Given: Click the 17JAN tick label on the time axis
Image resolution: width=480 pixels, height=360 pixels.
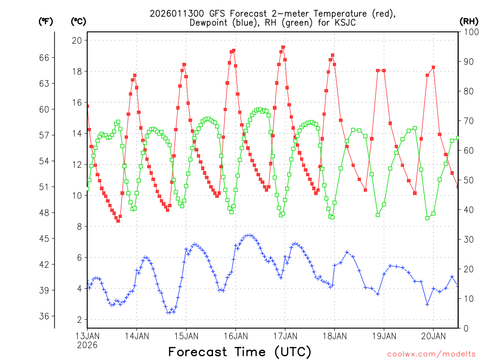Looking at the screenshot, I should coord(285,336).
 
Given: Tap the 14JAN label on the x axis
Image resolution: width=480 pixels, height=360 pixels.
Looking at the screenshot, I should coord(137,336).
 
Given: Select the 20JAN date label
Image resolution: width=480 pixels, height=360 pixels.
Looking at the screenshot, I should coord(433,336).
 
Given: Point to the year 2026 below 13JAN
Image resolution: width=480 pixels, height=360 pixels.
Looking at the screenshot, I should coord(88,345).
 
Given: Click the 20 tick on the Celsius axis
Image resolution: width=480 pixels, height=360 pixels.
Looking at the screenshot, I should coord(76,40).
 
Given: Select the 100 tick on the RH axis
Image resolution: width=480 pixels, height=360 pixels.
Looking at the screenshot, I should coord(470,32).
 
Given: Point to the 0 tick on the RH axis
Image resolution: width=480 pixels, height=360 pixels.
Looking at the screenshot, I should coord(466,328).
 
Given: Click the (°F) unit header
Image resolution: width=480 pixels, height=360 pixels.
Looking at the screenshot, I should coord(45,21).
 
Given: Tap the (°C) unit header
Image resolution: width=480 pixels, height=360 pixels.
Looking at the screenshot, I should coord(78,21).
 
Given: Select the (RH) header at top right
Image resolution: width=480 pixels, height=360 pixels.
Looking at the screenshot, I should coord(469,21).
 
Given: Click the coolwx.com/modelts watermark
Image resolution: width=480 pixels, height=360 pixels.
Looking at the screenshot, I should coord(431,354).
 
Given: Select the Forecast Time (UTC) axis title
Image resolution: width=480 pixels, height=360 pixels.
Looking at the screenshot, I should coord(240,352).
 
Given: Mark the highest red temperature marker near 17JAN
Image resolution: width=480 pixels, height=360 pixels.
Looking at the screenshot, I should coord(283,47).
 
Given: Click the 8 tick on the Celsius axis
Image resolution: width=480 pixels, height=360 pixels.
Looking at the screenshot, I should coord(79,226).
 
